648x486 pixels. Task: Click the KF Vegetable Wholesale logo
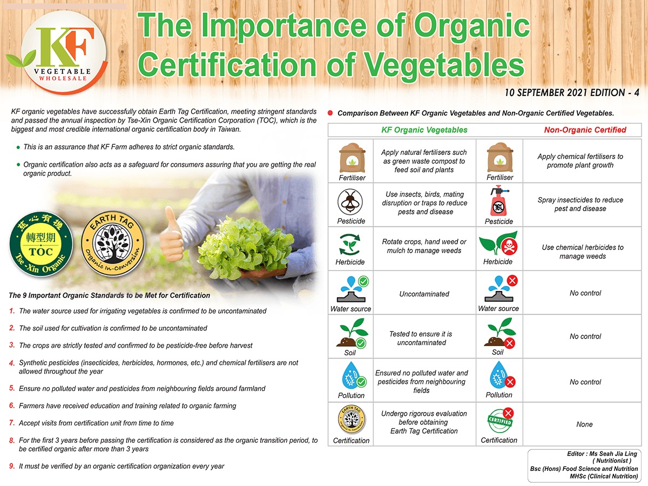click(x=59, y=52)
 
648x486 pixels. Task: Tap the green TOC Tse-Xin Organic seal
click(x=40, y=244)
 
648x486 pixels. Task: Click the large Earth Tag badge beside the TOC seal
click(x=113, y=244)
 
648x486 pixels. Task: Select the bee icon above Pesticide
click(x=350, y=202)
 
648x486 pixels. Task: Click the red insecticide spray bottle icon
click(x=499, y=201)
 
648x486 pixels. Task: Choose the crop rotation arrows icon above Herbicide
click(x=350, y=244)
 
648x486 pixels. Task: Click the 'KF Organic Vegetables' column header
click(x=424, y=130)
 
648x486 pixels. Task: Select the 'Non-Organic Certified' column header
click(x=585, y=130)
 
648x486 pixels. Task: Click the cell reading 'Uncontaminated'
click(x=424, y=294)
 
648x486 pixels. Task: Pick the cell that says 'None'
click(x=584, y=424)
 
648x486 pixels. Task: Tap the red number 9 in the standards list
click(x=12, y=466)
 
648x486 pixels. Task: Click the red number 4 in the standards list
click(x=12, y=363)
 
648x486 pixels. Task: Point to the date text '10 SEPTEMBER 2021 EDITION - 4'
click(x=572, y=93)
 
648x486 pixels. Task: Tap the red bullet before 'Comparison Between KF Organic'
click(x=330, y=113)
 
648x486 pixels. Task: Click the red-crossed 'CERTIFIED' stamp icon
click(x=500, y=421)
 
